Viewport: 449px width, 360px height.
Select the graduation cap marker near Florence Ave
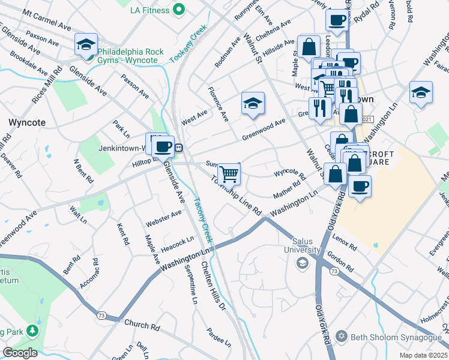(253, 103)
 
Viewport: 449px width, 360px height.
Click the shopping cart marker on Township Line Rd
(229, 174)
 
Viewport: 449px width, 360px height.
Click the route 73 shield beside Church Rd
(101, 314)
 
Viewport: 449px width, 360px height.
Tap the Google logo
(20, 353)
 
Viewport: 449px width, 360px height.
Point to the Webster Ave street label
(163, 218)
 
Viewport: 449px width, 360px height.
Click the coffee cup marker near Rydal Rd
(337, 19)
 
